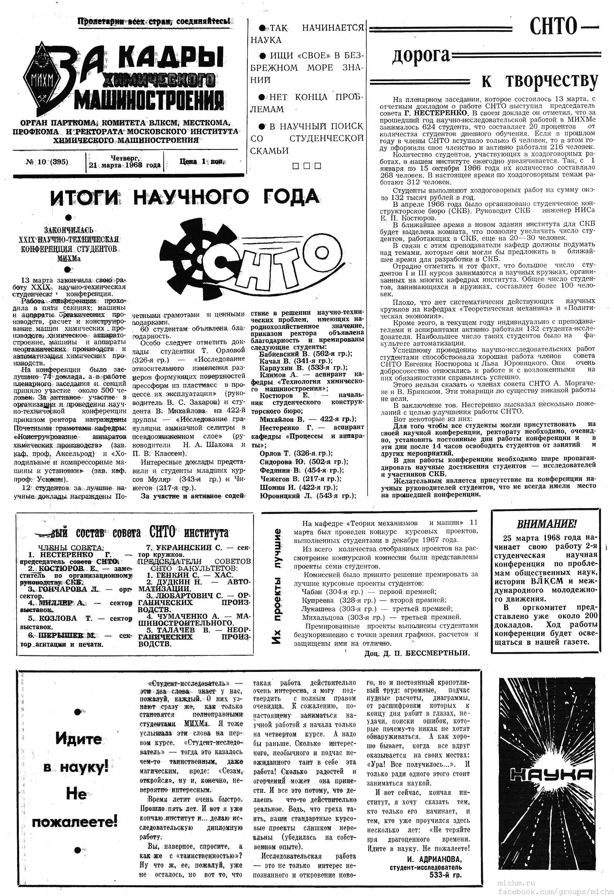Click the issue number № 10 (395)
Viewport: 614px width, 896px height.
pyautogui.click(x=47, y=162)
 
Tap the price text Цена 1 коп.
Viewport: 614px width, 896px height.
pyautogui.click(x=201, y=161)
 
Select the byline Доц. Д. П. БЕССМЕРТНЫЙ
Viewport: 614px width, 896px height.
pyautogui.click(x=417, y=653)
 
